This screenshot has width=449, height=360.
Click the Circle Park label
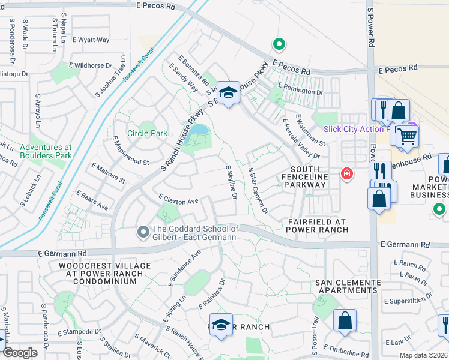click(x=146, y=133)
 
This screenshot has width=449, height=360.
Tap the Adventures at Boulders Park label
click(x=45, y=151)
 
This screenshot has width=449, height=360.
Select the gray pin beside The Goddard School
click(x=143, y=231)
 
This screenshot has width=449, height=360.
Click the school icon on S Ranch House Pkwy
click(x=228, y=93)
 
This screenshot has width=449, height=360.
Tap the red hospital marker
click(x=346, y=174)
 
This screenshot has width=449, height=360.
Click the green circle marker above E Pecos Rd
click(x=278, y=43)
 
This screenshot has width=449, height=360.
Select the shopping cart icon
click(x=406, y=136)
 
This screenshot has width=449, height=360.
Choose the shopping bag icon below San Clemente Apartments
click(x=345, y=320)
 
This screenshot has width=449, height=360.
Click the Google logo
click(x=20, y=353)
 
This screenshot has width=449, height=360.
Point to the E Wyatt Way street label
click(x=91, y=40)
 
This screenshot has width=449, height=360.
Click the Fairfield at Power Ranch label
click(x=318, y=225)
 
